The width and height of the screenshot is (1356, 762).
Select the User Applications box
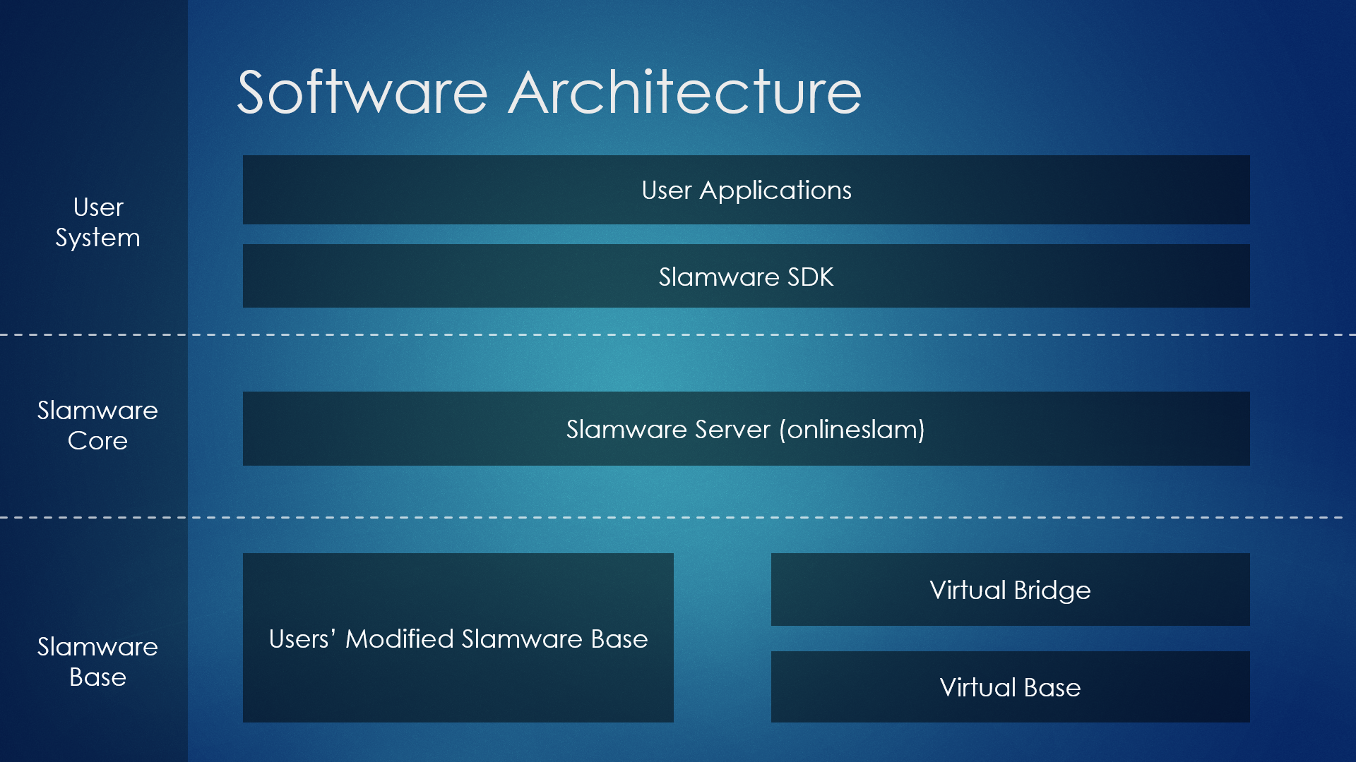(746, 190)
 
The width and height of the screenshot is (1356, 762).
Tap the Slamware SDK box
(746, 276)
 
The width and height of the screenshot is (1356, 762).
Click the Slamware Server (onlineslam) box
(746, 428)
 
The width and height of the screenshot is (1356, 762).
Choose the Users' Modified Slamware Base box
(458, 638)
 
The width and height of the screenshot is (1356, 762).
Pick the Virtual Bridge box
(1011, 589)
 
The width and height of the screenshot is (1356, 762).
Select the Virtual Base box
(1011, 687)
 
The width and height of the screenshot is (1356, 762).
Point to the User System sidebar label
(98, 222)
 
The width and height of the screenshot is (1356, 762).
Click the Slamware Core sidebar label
(97, 425)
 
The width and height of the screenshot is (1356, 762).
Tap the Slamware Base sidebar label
(97, 662)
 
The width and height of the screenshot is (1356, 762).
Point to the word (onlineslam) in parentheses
(852, 430)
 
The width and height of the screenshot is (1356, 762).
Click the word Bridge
(1052, 591)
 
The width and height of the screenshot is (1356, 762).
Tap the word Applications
(775, 190)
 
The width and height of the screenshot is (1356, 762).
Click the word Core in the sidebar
(97, 441)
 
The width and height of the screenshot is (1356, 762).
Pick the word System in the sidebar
(98, 238)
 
